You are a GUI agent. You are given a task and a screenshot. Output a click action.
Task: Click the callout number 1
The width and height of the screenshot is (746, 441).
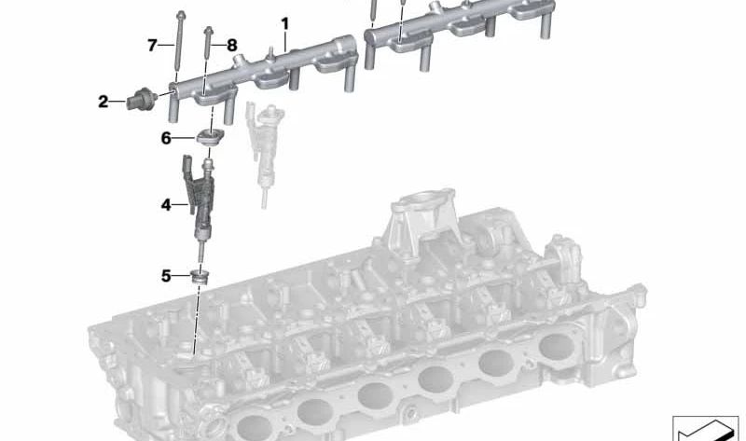285,24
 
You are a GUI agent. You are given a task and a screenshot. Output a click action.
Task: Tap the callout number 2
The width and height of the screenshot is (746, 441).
104,102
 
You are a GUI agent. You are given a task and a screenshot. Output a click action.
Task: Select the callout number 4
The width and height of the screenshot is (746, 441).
166,205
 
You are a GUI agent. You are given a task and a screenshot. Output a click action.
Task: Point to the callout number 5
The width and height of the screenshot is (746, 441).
166,275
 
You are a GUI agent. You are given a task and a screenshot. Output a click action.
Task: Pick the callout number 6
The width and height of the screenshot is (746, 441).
166,138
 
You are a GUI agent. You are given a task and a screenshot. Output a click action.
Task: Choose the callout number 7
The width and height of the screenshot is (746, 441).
152,45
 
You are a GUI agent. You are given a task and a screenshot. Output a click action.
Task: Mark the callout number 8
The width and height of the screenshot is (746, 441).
231,45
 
